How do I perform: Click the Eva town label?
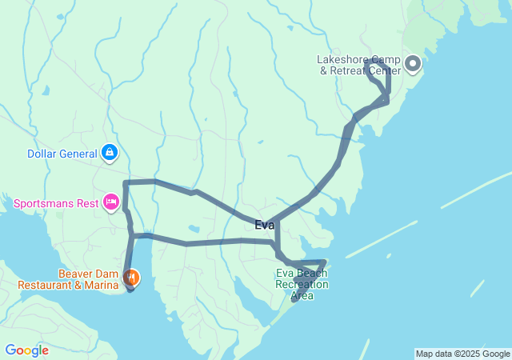pos(264,225)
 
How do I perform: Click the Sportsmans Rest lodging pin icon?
pos(111,202)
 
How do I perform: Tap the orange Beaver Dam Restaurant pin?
pos(131,278)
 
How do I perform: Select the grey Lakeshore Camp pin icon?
pos(413,63)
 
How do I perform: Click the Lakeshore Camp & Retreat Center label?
pos(353,64)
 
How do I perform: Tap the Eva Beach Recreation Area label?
pos(302,284)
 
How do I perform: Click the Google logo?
pos(26,350)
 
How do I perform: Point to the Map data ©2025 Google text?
pos(462,354)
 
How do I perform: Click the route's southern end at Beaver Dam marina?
pos(130,289)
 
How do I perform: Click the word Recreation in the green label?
pos(301,284)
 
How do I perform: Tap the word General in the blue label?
pos(78,154)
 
